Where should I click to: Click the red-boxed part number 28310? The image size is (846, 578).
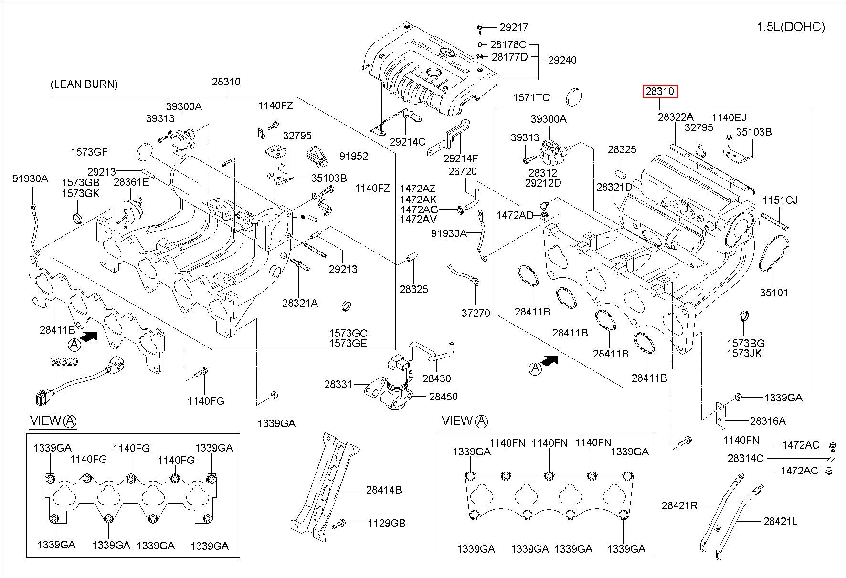click(660, 91)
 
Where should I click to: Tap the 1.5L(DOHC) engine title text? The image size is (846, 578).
click(791, 27)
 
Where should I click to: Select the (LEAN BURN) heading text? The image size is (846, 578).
click(84, 84)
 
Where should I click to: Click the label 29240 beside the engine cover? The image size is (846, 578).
click(562, 60)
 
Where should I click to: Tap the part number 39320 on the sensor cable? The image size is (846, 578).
click(64, 362)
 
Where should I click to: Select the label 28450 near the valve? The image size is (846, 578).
click(443, 397)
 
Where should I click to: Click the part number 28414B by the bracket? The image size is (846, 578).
click(384, 490)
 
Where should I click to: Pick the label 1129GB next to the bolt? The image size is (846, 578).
click(386, 524)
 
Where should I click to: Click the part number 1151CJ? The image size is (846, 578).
click(780, 200)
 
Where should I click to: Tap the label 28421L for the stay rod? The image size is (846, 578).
click(780, 522)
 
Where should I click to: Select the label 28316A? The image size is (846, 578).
click(768, 421)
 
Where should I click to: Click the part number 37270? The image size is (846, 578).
click(476, 314)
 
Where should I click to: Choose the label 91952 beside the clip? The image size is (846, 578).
click(354, 157)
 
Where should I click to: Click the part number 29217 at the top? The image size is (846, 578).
click(514, 28)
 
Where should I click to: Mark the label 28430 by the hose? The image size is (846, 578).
click(436, 378)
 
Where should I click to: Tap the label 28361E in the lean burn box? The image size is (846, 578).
click(131, 182)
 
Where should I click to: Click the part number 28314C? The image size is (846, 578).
click(745, 459)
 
